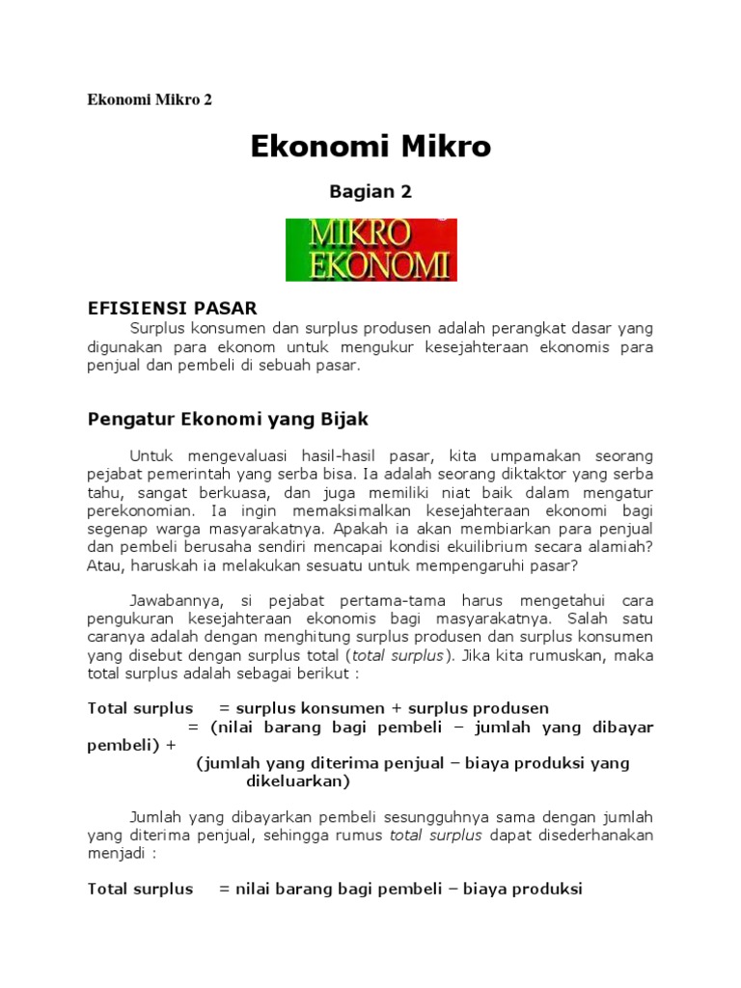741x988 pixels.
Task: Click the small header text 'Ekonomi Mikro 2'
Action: point(150,99)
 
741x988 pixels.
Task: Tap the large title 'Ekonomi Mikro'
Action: point(370,147)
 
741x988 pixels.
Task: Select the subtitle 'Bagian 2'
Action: point(370,191)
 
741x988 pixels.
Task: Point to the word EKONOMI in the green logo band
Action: point(370,264)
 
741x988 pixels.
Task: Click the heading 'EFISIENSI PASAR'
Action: point(173,308)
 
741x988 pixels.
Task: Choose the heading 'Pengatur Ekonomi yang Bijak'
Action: point(228,419)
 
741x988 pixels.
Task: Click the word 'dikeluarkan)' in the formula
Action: point(297,781)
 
